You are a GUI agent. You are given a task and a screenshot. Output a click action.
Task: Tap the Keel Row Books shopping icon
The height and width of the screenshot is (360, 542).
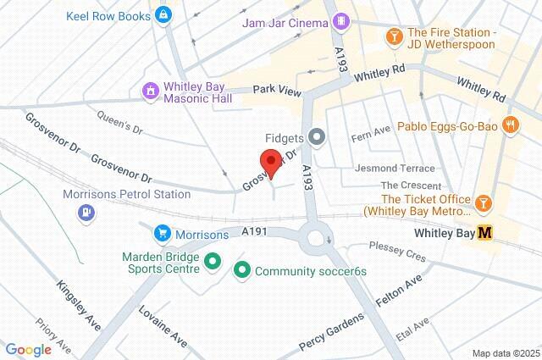pyautogui.click(x=164, y=14)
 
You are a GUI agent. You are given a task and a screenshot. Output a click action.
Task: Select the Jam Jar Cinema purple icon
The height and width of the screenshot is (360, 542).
pyautogui.click(x=340, y=19)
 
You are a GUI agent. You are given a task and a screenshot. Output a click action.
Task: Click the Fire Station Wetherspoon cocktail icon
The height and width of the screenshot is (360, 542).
pyautogui.click(x=394, y=36)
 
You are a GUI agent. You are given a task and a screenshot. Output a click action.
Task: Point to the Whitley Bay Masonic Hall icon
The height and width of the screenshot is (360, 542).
pyautogui.click(x=150, y=90)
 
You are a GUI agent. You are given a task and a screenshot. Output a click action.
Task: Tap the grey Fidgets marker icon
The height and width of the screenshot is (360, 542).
pyautogui.click(x=318, y=136)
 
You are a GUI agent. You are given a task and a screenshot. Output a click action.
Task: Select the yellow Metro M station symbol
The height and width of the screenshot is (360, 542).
pyautogui.click(x=485, y=232)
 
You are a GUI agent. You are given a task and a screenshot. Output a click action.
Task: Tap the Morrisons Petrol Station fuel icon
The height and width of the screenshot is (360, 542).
pyautogui.click(x=85, y=211)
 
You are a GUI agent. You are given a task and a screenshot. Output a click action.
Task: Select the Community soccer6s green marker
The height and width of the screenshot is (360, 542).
pyautogui.click(x=241, y=271)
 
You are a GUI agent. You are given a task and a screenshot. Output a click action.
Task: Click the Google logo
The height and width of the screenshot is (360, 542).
pyautogui.click(x=28, y=350)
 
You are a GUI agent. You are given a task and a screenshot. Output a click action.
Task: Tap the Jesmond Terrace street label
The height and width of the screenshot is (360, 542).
pyautogui.click(x=395, y=169)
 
